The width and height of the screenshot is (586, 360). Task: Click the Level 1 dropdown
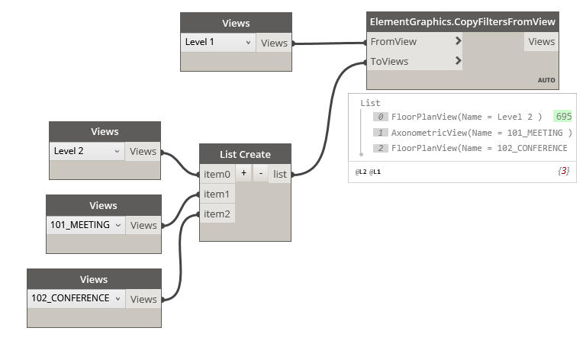218,43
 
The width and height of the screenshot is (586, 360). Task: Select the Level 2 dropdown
87,151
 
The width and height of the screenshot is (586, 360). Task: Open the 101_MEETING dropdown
85,225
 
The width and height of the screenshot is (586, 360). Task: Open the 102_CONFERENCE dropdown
76,298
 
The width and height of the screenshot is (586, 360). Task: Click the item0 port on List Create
217,174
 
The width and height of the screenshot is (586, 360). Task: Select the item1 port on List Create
217,194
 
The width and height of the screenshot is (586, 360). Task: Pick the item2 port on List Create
217,214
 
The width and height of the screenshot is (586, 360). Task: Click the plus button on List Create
243,174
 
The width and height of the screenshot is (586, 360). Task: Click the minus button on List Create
260,174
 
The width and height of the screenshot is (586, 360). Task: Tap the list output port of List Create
280,174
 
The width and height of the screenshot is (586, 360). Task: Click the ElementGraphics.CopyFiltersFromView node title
462,21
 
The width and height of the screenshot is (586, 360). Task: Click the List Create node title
245,154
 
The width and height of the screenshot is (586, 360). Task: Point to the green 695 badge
563,117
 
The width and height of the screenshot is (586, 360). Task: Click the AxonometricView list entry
481,133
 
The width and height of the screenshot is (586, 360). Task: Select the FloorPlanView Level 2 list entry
466,117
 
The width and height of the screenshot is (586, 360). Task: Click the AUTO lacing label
546,80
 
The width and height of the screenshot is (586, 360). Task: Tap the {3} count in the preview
564,172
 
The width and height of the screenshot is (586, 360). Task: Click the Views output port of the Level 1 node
274,43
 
